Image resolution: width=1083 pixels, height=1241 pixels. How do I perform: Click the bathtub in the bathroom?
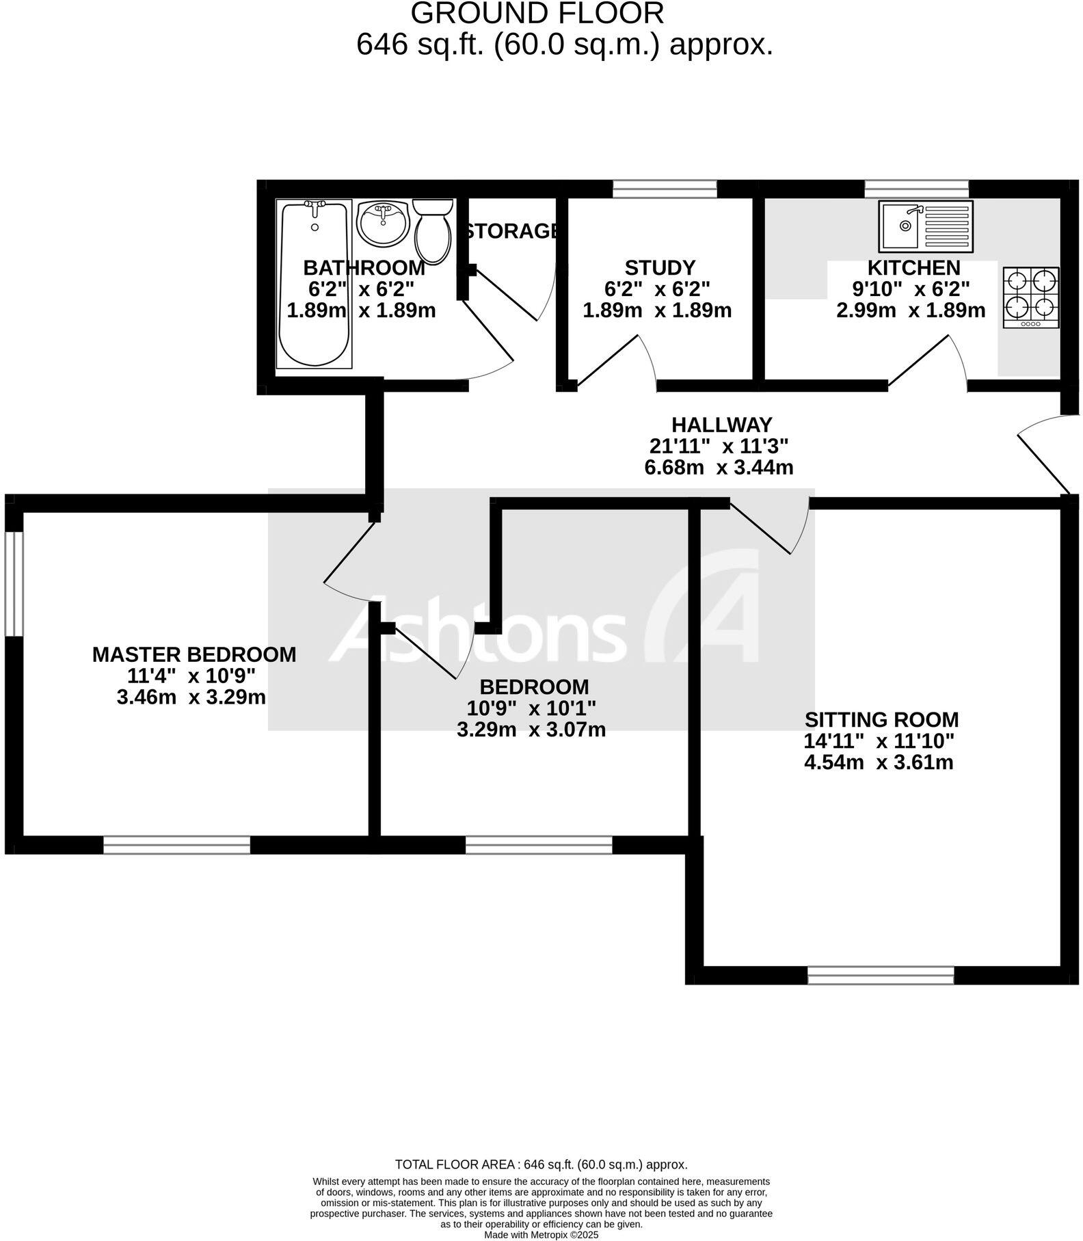[x=314, y=284]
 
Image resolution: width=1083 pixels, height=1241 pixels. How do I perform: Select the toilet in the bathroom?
[x=432, y=230]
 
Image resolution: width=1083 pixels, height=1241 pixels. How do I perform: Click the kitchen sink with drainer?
[x=926, y=226]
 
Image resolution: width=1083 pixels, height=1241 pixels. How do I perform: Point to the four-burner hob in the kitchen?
[x=1031, y=297]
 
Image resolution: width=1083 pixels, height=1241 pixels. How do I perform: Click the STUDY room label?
[x=660, y=267]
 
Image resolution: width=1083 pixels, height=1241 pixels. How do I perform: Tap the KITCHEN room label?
[x=913, y=267]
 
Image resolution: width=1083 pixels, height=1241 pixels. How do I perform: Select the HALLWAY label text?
[x=721, y=425]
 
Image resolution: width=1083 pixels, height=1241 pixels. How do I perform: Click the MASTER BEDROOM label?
[x=194, y=654]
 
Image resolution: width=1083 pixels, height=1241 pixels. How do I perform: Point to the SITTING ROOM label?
[x=881, y=719]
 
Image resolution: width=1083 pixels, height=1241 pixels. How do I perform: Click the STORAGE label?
[x=511, y=231]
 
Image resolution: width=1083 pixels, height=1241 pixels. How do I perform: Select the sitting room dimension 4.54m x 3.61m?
[x=879, y=762]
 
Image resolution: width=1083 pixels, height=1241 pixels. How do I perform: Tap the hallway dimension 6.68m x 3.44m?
[x=719, y=468]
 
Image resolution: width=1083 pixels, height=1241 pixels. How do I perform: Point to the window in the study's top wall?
[x=665, y=189]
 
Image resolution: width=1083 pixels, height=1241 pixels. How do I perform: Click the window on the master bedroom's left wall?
[x=14, y=583]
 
